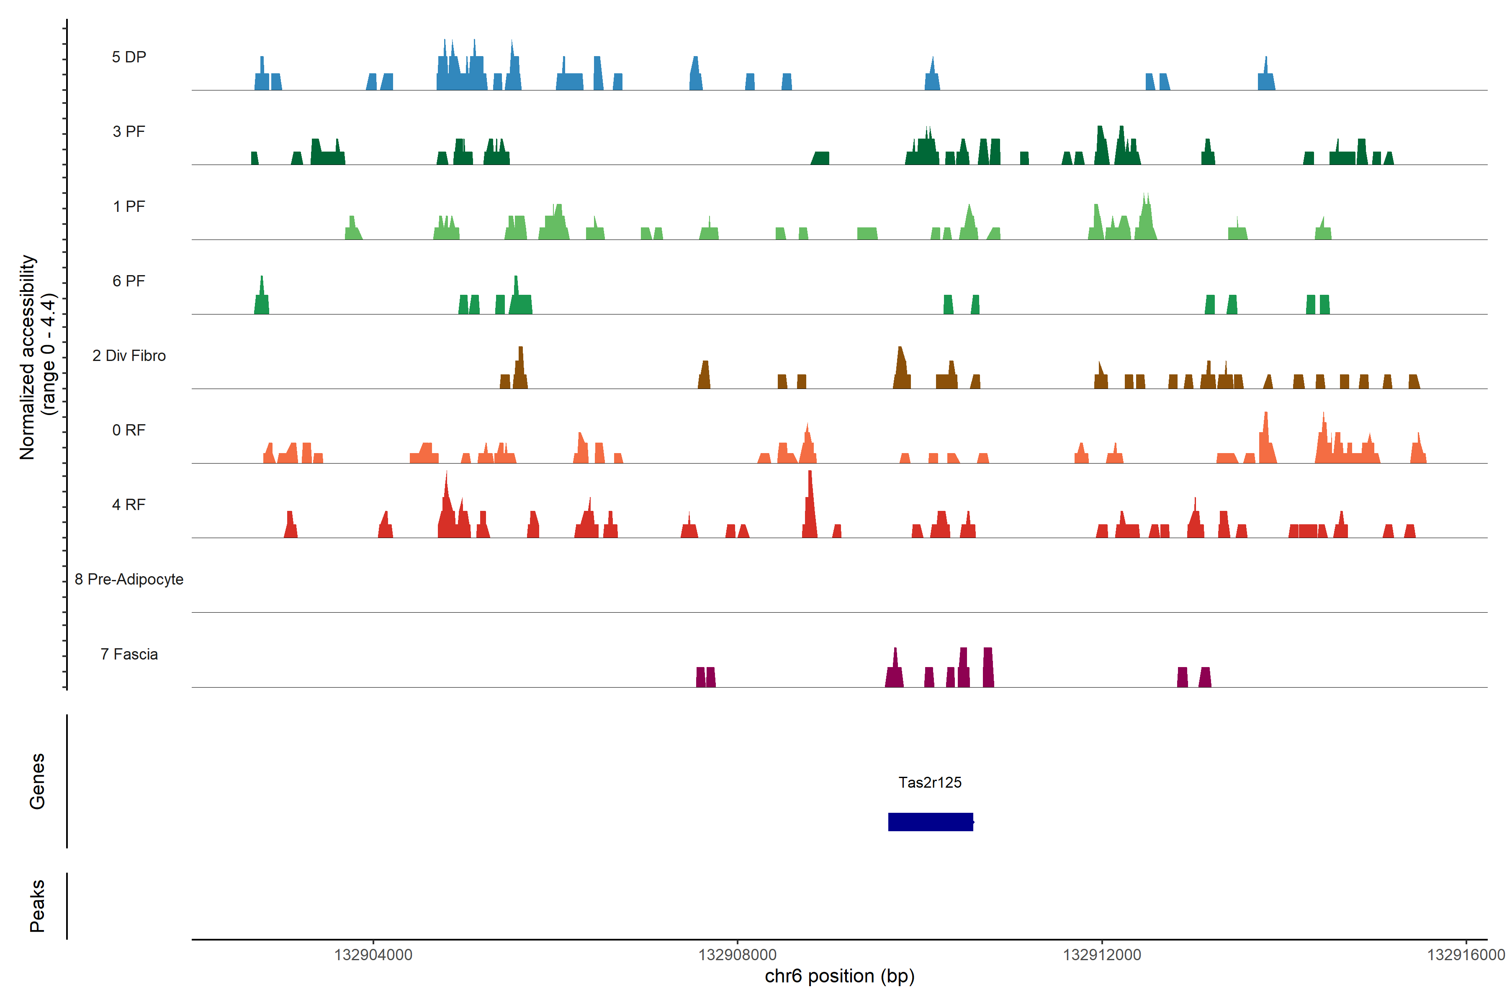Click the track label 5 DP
[129, 57]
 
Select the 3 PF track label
[129, 132]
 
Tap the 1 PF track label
[129, 206]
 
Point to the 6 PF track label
[129, 281]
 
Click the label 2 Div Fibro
[129, 356]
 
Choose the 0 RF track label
[129, 430]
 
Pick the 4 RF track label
[129, 505]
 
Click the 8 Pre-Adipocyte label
[129, 580]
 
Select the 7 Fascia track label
[129, 655]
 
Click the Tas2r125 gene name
[930, 783]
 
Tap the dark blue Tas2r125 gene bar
[930, 822]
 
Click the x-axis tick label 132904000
[373, 955]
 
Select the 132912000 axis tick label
[1101, 955]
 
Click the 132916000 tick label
[1466, 955]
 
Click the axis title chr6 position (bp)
[839, 976]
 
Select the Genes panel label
[37, 781]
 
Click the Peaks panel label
[37, 906]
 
